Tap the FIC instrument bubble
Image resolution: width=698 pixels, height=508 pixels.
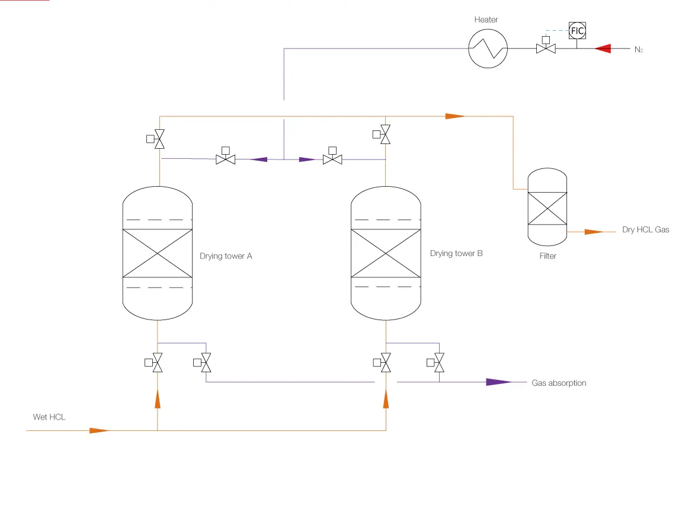577,31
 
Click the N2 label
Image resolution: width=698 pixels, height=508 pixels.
639,49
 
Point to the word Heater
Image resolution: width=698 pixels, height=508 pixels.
486,20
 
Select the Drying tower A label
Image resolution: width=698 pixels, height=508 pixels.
226,256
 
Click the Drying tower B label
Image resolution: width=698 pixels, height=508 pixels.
456,253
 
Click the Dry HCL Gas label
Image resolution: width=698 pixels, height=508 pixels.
645,230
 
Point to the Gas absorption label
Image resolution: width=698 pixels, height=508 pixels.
559,383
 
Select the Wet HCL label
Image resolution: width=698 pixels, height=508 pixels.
49,417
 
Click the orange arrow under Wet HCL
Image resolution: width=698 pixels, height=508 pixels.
100,430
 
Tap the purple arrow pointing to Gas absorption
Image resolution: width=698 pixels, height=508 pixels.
499,382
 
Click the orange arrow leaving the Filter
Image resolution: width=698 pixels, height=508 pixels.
594,232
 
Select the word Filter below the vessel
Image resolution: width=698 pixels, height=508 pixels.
548,256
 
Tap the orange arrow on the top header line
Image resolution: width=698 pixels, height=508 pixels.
455,116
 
